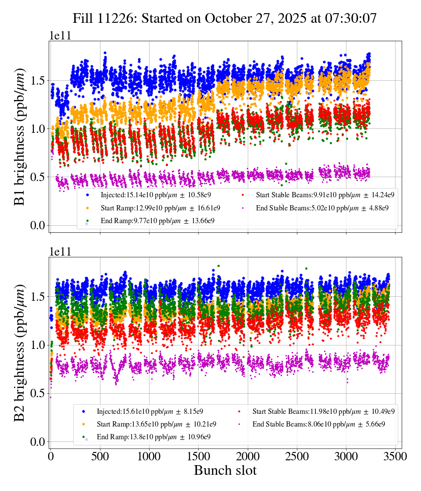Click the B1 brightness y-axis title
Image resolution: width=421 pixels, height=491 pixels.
pyautogui.click(x=20, y=137)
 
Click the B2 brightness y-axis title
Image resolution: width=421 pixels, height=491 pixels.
pyautogui.click(x=20, y=353)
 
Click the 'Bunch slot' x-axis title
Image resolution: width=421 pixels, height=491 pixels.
pyautogui.click(x=225, y=470)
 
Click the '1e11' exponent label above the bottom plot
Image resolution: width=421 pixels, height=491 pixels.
pyautogui.click(x=60, y=252)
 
